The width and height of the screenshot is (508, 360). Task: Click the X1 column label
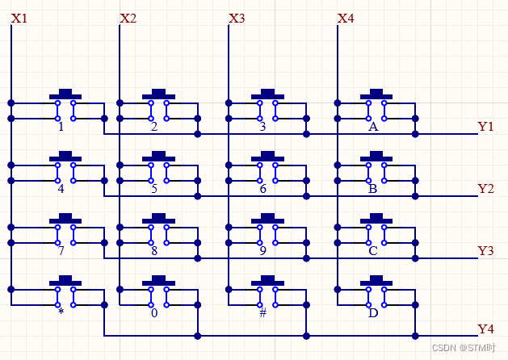[19, 18]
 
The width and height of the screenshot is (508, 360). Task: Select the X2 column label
[128, 18]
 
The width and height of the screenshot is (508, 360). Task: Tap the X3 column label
[237, 18]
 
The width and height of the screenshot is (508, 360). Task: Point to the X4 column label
[346, 18]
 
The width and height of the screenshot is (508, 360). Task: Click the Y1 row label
[485, 127]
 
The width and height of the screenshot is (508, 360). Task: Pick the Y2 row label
[485, 189]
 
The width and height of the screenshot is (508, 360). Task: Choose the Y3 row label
[485, 251]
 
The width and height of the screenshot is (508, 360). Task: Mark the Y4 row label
[485, 329]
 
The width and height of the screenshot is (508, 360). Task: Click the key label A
[372, 127]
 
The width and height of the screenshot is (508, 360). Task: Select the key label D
[372, 313]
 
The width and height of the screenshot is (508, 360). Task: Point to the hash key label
[262, 313]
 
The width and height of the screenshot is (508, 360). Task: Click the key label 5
[154, 189]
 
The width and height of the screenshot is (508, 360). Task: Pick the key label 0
[154, 313]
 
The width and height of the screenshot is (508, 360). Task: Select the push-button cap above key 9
[267, 218]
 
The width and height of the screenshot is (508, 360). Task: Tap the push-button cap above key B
[376, 156]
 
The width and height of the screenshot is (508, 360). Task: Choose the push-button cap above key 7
[65, 218]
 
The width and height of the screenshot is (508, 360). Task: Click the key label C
[372, 251]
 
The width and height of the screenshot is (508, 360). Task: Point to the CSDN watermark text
[464, 348]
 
